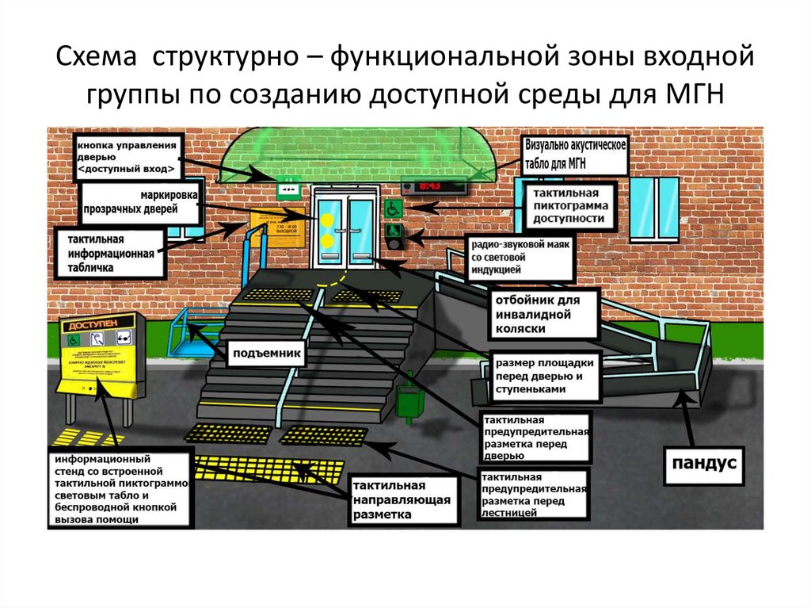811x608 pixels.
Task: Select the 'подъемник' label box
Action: (x=266, y=354)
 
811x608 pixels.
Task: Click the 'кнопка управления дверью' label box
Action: (x=128, y=156)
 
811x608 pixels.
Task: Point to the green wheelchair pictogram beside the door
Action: (x=392, y=208)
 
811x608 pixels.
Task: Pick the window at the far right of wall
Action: (x=655, y=208)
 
